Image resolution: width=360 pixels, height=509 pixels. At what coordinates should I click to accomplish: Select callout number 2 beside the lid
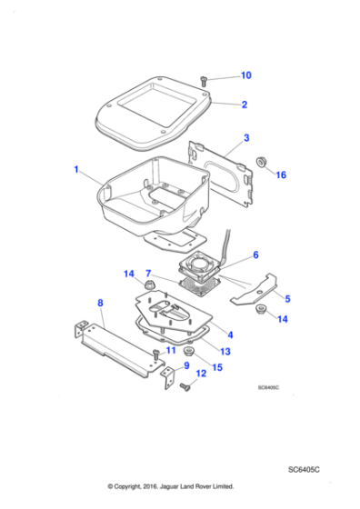point(245,105)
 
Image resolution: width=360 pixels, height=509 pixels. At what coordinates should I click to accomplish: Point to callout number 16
point(281,174)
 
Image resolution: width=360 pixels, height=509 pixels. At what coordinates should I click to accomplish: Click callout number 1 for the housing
point(77,170)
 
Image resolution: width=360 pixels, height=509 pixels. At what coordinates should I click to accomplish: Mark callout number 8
point(99,304)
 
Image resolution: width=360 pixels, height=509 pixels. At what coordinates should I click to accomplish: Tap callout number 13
point(225,351)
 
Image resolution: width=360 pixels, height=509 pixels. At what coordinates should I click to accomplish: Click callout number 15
point(217,367)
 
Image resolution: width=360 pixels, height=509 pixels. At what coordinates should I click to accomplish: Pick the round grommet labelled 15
point(190,351)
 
